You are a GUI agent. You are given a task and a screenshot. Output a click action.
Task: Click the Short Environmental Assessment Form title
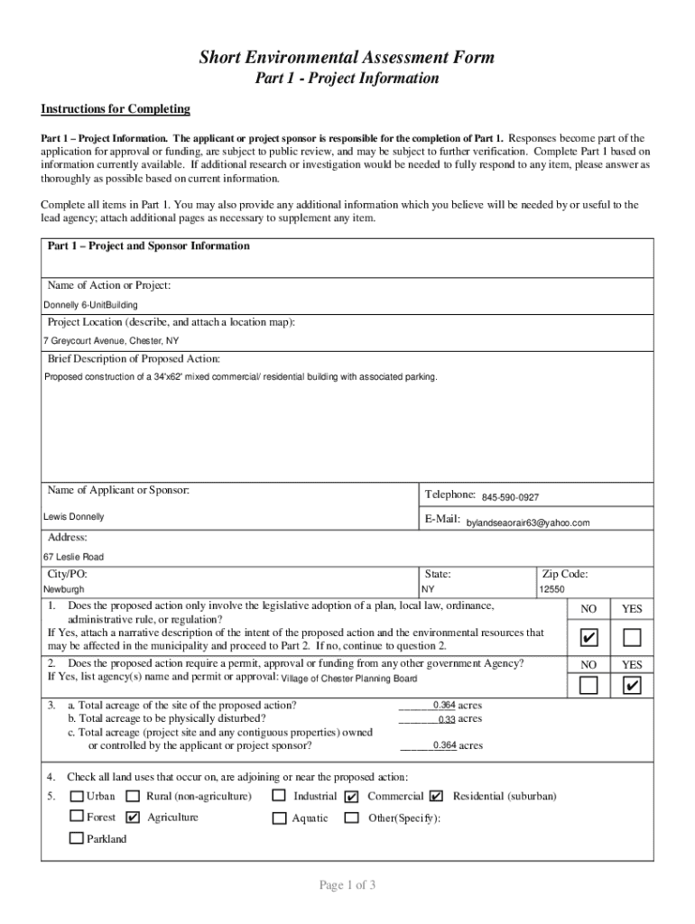pos(347,58)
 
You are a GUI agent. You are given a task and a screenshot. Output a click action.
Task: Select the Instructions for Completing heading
pos(116,109)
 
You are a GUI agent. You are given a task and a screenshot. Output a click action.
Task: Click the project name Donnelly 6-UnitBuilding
pos(91,305)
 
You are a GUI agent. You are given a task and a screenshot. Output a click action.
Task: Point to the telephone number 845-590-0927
pos(511,497)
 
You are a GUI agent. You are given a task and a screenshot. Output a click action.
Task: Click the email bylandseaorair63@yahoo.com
pos(527,522)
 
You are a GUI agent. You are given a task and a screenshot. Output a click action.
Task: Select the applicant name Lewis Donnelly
pos(74,517)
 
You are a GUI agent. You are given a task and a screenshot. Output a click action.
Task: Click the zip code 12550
pos(551,589)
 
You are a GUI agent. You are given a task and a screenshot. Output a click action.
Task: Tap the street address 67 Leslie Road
pos(74,557)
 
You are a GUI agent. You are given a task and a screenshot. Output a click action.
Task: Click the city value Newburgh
pos(64,589)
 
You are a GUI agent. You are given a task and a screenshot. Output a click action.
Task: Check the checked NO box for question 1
pos(588,639)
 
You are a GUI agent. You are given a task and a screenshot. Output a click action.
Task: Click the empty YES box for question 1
pos(632,639)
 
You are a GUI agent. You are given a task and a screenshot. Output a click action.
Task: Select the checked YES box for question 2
pos(632,687)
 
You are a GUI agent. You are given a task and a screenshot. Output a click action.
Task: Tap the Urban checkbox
pos(77,796)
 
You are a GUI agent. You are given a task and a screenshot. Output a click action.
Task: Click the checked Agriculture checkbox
pos(133,818)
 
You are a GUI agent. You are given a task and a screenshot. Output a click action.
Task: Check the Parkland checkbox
pos(77,838)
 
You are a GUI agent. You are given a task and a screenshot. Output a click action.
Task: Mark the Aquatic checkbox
pos(279,818)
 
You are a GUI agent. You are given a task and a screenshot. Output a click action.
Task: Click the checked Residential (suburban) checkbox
pos(437,796)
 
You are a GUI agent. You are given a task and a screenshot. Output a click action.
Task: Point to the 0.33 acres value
pos(447,720)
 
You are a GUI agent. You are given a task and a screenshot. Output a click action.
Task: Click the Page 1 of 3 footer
pos(347,885)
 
